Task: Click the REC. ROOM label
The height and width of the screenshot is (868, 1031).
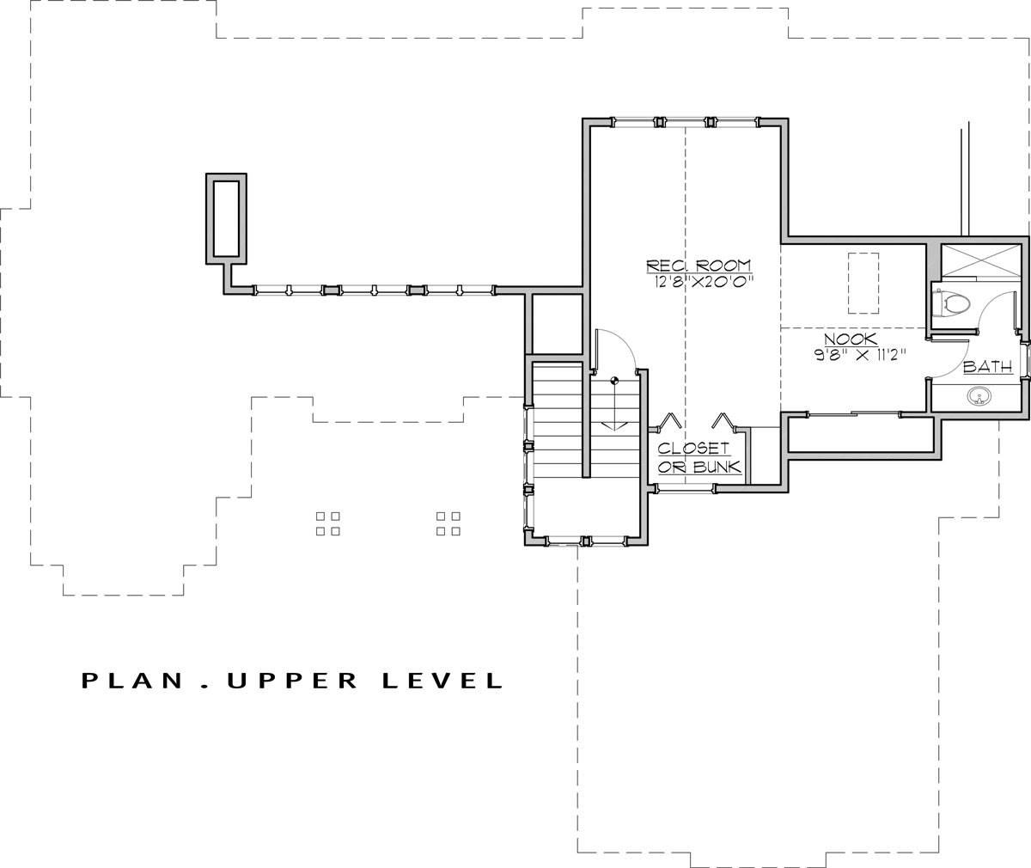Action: (699, 266)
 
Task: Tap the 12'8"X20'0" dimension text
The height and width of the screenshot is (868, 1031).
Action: (704, 283)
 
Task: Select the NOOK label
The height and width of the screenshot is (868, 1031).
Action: (851, 339)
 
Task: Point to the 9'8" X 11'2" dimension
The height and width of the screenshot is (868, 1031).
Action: (860, 355)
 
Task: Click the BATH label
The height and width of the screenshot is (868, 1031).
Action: (987, 367)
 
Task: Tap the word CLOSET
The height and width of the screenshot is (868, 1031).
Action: (693, 449)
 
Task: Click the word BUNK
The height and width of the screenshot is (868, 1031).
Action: (717, 467)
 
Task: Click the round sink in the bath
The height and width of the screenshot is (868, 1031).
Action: (979, 396)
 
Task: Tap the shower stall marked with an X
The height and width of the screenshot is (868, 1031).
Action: (980, 261)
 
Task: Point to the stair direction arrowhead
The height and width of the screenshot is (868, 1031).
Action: (613, 425)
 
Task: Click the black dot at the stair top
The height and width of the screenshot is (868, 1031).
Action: (613, 381)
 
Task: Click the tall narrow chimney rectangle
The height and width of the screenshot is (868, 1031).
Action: (226, 219)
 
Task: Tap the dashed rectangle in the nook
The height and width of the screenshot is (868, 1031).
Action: (863, 283)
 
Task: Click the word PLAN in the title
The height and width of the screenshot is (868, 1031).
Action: (132, 681)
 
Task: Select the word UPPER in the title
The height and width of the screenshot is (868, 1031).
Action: (292, 681)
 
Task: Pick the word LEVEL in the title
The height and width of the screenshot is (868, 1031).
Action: (443, 681)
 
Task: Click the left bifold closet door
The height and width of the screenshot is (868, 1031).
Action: (670, 421)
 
